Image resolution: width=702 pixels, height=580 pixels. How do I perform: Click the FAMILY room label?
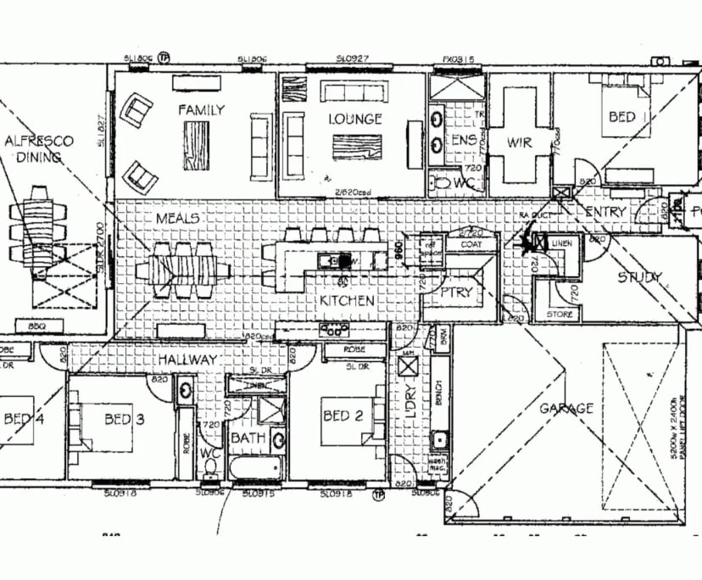pos(201,109)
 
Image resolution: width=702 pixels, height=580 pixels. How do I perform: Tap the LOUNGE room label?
pos(355,119)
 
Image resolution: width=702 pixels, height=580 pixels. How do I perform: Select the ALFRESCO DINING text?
pos(39,149)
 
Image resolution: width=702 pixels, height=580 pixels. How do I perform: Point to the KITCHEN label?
pos(347,301)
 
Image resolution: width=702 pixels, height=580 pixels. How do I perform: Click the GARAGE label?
pos(566,409)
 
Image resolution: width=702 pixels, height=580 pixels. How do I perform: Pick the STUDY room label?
pos(640,277)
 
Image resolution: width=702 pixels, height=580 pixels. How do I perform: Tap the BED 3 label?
pos(119,419)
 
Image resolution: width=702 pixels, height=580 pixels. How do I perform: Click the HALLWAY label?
pos(187,360)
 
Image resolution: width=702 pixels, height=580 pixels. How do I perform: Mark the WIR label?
pos(519,142)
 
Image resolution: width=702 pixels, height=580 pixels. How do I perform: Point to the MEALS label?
pos(177,219)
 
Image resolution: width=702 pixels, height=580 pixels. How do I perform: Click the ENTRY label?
pos(605,211)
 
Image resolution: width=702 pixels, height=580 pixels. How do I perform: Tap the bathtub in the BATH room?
pos(256,467)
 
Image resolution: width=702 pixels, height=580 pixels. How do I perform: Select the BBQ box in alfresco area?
pos(36,326)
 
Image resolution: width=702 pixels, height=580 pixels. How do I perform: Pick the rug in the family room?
pos(196,144)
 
